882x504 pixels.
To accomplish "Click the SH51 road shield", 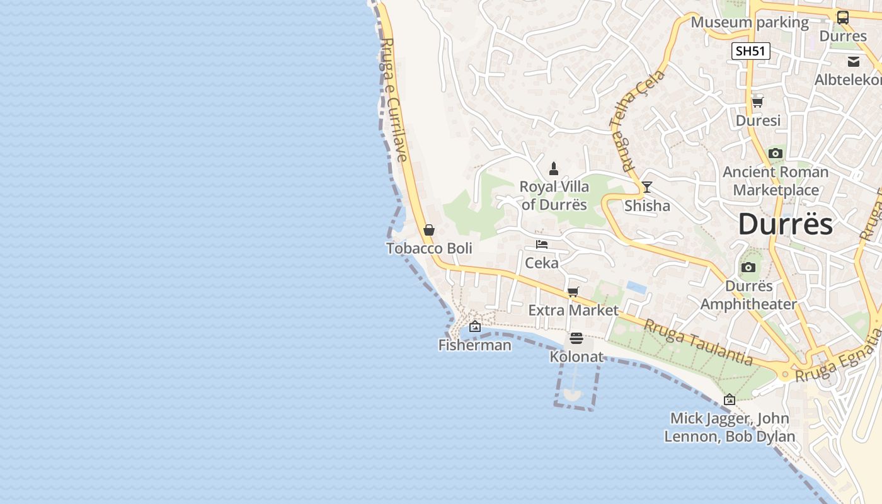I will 751,51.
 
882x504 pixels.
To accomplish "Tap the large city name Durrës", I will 785,224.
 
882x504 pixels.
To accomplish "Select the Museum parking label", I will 749,23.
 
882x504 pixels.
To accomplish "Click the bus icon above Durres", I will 842,18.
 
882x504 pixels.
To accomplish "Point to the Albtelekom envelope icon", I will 854,62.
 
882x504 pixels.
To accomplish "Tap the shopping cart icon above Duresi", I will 757,102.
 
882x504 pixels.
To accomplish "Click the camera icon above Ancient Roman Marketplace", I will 776,153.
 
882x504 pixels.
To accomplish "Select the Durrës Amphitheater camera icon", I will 748,267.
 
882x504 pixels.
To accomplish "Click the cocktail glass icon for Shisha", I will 647,187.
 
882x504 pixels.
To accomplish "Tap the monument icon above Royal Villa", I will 554,168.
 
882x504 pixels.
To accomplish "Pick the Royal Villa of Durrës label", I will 554,195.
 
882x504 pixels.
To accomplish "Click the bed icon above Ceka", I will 542,244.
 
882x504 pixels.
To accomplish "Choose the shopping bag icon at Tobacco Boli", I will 429,230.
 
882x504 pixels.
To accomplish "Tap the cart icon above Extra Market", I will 573,292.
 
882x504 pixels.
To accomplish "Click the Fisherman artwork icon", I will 475,326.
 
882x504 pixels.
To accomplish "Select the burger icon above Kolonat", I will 576,338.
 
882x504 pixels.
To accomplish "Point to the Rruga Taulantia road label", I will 697,342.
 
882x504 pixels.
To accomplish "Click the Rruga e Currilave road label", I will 392,101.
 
